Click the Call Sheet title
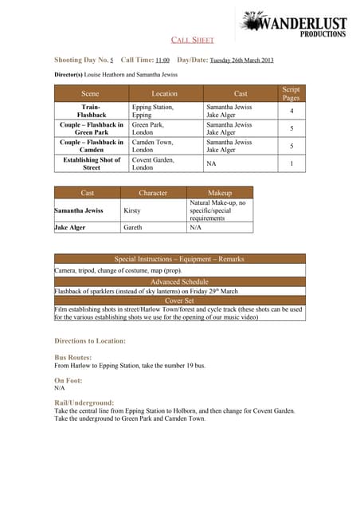coord(193,40)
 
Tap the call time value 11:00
coord(162,61)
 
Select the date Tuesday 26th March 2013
coord(241,61)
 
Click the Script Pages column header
coord(292,93)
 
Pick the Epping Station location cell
coord(153,111)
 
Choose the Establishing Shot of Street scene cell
coord(92,163)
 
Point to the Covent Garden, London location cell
coord(153,163)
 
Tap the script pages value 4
coord(292,111)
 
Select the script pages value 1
coord(292,163)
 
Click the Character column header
coord(153,193)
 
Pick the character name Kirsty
coord(132,210)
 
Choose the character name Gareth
coord(133,228)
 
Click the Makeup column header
coord(219,193)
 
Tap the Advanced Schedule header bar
coord(178,281)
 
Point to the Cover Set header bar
coord(178,300)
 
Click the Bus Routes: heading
coord(72,358)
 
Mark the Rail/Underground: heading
coord(84,402)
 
